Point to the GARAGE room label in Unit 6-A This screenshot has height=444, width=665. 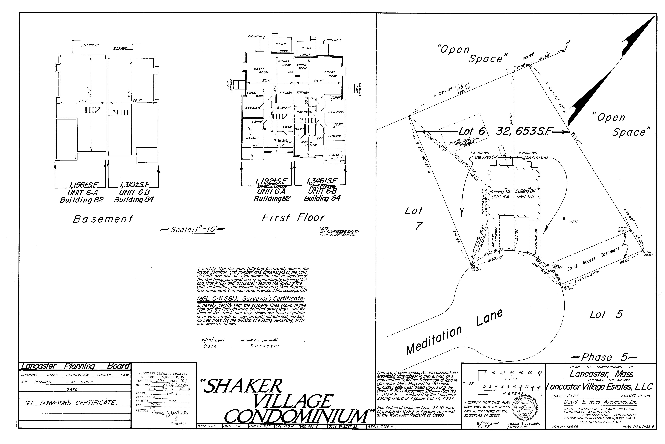[x=252, y=138]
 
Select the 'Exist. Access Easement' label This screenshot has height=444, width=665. [x=593, y=259]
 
